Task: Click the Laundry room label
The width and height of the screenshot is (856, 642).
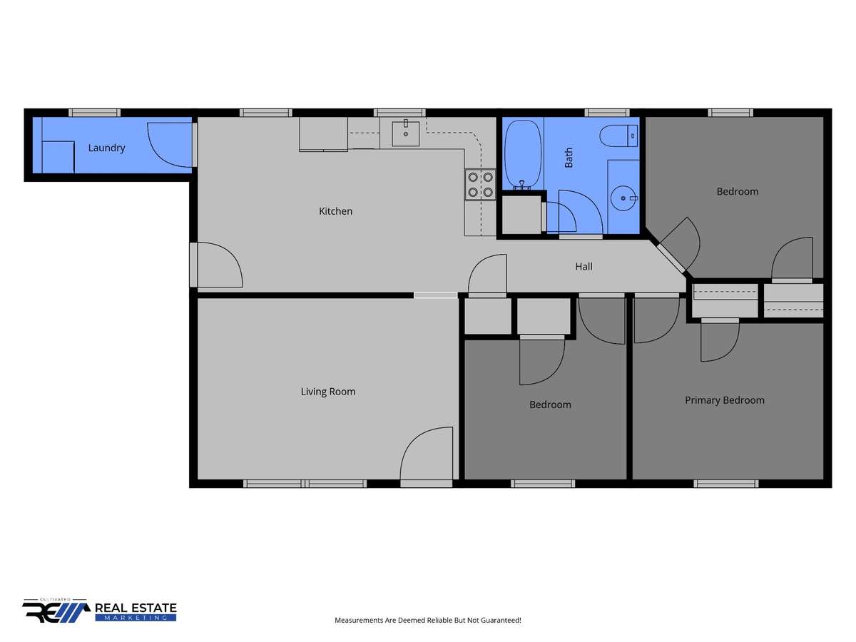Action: click(106, 148)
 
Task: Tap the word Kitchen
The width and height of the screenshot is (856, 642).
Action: click(335, 211)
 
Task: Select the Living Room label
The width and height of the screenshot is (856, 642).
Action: click(328, 392)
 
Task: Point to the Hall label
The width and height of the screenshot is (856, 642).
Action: click(584, 267)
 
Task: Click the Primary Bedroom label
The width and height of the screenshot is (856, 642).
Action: click(725, 400)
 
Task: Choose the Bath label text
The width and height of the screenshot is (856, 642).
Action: click(569, 158)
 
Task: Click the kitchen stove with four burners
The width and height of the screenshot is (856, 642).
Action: click(481, 185)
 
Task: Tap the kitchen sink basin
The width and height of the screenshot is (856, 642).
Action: click(406, 133)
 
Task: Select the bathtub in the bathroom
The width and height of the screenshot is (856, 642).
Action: click(523, 155)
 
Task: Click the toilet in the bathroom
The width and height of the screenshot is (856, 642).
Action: click(618, 136)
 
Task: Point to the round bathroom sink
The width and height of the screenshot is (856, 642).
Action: click(623, 198)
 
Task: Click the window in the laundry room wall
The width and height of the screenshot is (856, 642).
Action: click(94, 113)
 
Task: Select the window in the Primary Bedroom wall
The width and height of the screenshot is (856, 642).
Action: click(725, 484)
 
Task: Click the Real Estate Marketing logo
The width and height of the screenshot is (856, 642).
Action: click(99, 611)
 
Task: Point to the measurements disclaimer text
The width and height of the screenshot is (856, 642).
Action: click(428, 620)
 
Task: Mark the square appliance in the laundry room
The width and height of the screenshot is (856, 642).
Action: click(58, 157)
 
